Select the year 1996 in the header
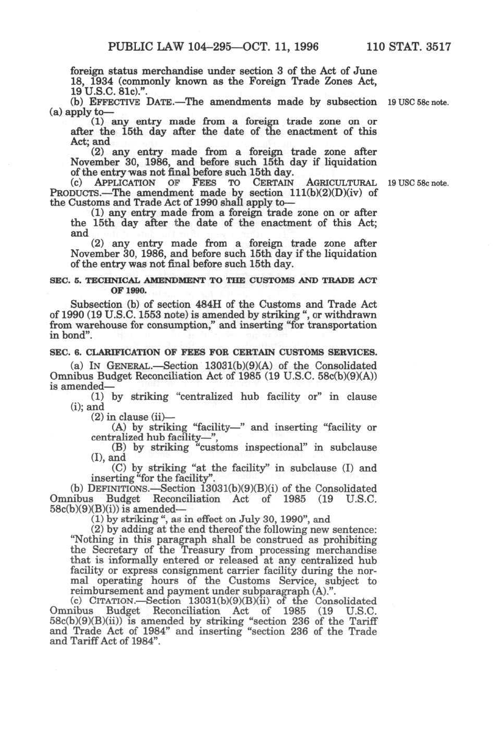tap(304, 47)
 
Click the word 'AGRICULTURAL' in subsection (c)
tap(341, 183)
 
